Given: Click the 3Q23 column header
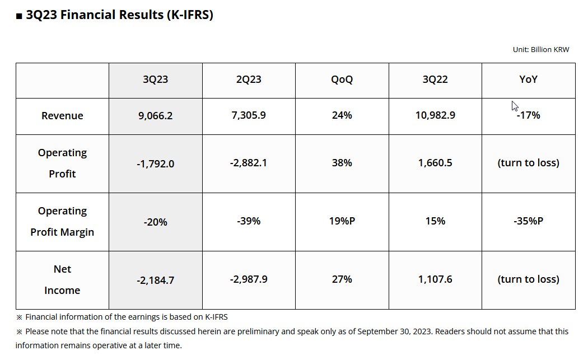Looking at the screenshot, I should (155, 80).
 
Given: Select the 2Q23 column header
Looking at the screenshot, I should (249, 80).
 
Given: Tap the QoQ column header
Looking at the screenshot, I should (342, 80).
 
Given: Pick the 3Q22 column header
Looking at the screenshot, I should (435, 80).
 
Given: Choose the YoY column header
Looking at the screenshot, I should (528, 80).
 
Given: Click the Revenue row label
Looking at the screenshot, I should (62, 116).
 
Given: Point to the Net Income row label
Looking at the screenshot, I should (62, 279).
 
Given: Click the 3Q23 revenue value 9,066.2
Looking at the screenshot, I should (155, 116).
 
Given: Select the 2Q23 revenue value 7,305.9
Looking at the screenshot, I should (249, 115).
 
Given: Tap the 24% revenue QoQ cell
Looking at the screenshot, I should (342, 115).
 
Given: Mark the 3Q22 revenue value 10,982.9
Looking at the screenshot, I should (435, 115).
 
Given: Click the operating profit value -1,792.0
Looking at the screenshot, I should (155, 164).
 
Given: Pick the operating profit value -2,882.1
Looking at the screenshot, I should (249, 163).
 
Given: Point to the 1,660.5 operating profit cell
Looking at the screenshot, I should (435, 163).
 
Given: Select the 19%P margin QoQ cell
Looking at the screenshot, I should (342, 221).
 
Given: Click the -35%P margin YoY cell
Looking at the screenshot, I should (528, 221).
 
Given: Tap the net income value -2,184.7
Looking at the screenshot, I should (155, 280).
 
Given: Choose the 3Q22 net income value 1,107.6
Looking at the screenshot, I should (435, 279).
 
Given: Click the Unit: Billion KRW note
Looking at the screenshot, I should (540, 50).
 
